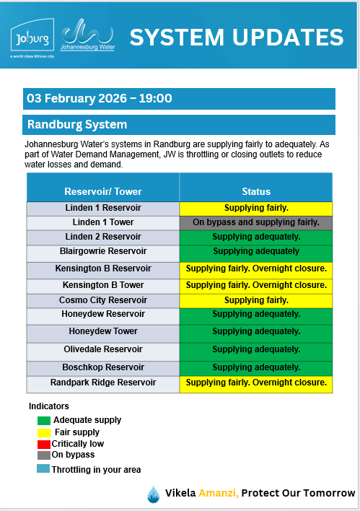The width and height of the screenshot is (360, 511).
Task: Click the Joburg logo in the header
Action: point(30,36)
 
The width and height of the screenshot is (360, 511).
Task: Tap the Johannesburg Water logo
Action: point(87,35)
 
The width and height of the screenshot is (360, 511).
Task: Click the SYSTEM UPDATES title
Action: point(236,38)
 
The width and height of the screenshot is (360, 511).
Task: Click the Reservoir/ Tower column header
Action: point(103,191)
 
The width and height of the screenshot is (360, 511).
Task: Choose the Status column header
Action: point(256,191)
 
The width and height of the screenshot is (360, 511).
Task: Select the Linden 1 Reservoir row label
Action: point(103,208)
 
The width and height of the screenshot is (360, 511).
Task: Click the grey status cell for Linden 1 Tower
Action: point(256,222)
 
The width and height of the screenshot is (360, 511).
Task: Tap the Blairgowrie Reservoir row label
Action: point(103,252)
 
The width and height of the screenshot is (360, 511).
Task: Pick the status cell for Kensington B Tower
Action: point(256,285)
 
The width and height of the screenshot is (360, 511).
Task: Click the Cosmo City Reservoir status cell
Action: point(256,300)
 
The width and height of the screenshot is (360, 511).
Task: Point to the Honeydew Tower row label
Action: point(103,332)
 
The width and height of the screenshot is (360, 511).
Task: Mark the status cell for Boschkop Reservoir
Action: point(256,367)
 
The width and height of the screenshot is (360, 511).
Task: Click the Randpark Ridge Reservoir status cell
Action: point(256,383)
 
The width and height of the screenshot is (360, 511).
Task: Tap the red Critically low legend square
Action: point(44,444)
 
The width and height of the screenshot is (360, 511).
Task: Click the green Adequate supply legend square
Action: point(44,420)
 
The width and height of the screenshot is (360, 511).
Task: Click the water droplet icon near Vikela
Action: point(153,494)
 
